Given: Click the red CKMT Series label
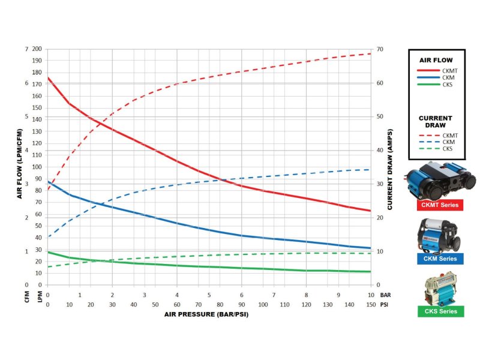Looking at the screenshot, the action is point(440,205).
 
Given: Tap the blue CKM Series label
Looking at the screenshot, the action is point(440,259).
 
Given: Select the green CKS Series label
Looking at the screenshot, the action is point(441,311).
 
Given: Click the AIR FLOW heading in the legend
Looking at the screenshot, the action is point(436,61).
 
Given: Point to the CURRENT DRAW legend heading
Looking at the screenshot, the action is point(436,122).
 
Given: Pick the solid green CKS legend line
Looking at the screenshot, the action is point(428,85).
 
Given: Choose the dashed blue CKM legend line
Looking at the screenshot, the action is point(429,142).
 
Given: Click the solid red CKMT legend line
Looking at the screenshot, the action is point(428,71).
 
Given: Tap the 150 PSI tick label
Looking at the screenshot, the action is point(371,305).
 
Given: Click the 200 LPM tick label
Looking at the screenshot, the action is point(37,49).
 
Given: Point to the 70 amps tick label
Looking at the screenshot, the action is point(380,49).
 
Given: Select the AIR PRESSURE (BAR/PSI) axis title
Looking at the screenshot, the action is point(206,314).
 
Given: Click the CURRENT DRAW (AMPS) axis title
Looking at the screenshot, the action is point(389,169).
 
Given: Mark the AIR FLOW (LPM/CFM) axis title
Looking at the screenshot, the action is point(20,164).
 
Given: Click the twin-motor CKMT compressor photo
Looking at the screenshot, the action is point(440,181).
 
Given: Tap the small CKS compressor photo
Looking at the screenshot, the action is point(440,289).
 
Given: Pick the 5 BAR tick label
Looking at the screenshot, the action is point(209,295).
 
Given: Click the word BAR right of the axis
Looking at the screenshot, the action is point(385,295).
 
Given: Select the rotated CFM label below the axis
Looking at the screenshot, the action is point(27,297).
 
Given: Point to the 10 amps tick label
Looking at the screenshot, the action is point(380,251).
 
